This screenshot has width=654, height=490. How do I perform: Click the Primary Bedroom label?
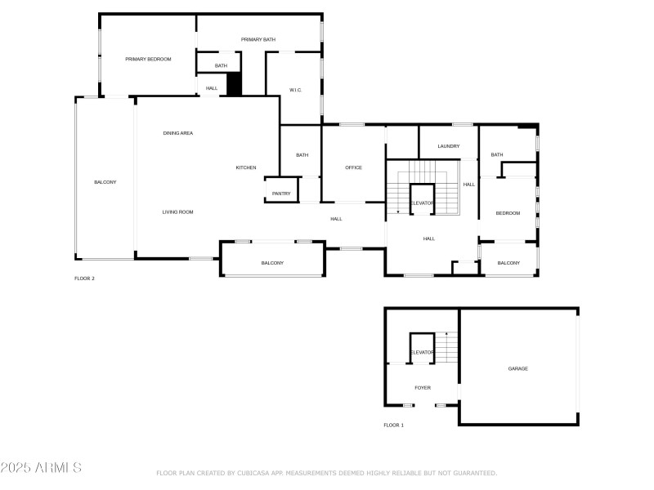point(148,59)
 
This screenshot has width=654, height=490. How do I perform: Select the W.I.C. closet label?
point(296,90)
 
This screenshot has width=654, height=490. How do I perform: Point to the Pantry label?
point(281,194)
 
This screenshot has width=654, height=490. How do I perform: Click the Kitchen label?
point(246,167)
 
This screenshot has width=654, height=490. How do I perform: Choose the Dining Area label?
point(177,132)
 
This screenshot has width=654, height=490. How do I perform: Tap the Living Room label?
point(177,212)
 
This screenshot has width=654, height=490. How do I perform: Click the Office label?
point(353,167)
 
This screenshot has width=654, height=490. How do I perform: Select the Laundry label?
point(449,146)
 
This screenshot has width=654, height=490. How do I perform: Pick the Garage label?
point(518,368)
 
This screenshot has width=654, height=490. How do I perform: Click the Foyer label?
point(423,388)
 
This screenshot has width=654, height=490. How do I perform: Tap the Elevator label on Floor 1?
point(422,352)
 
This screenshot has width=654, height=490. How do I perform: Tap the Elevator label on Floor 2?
point(422,203)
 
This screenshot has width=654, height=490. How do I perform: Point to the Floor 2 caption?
point(84,278)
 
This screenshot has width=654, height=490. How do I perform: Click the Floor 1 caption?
point(393,425)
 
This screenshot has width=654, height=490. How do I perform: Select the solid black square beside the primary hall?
point(235,85)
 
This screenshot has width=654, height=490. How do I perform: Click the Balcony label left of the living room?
point(105,182)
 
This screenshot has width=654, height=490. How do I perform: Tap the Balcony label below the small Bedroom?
point(508,263)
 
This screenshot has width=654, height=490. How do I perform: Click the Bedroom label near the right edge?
point(508,213)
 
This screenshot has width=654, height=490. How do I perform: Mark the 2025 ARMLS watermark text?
point(41,469)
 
